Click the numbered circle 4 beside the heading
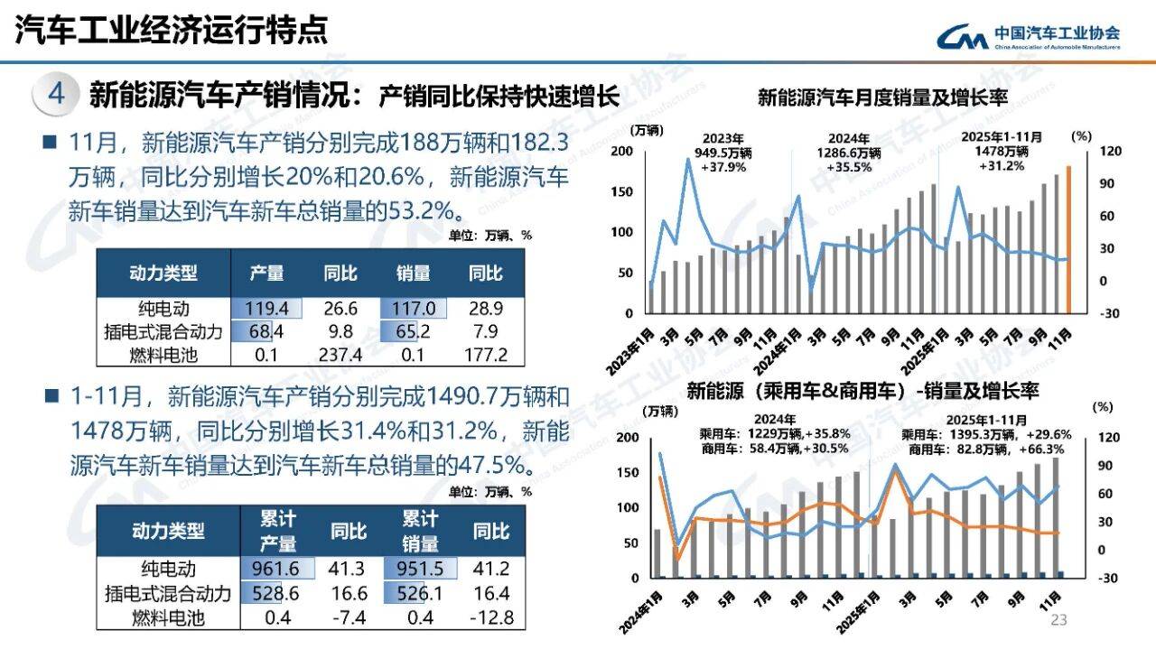56,94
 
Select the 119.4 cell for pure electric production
265,309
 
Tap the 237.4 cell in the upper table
343,354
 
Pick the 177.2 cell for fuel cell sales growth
486,354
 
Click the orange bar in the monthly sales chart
1068,239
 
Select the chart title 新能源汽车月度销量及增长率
882,97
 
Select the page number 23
1059,620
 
